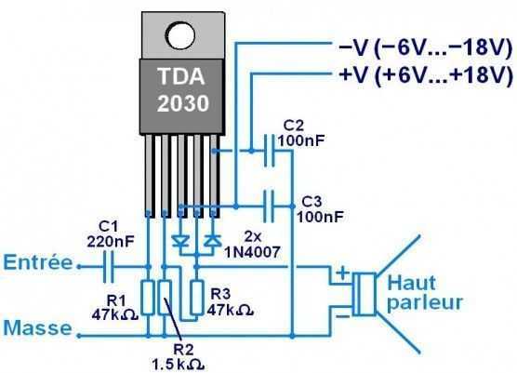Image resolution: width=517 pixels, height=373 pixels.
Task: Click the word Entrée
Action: coord(37,264)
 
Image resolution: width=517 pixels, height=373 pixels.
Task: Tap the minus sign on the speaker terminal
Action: coord(342,314)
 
